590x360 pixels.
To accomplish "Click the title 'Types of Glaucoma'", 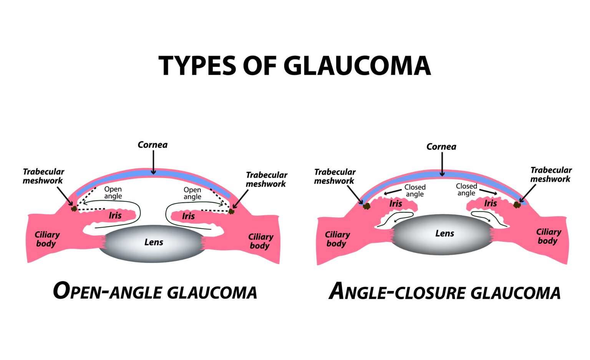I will click(x=295, y=65).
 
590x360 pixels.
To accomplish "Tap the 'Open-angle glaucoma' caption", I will click(x=155, y=291).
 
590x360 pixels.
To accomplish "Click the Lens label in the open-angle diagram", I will click(x=154, y=242).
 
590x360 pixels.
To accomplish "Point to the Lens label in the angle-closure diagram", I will click(x=444, y=233).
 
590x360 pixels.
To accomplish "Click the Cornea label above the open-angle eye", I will click(x=152, y=145).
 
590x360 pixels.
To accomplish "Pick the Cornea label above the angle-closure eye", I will click(x=441, y=147).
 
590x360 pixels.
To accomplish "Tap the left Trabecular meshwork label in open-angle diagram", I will click(x=43, y=176).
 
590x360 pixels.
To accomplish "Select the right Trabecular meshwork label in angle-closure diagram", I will click(x=551, y=174).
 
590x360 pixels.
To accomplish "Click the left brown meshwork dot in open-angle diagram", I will click(x=74, y=208).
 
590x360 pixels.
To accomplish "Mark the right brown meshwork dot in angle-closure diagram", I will click(x=517, y=205).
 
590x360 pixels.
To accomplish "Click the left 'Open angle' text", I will click(x=113, y=193).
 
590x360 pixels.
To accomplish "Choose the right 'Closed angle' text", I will click(x=466, y=190).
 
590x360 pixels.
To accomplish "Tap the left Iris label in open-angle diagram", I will click(x=115, y=215).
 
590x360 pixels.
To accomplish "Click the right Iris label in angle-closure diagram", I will click(x=490, y=203).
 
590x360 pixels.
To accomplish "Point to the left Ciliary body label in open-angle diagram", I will click(x=47, y=239).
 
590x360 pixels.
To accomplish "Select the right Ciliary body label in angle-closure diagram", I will click(x=549, y=236).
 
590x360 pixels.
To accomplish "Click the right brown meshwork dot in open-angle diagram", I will click(x=231, y=211).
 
